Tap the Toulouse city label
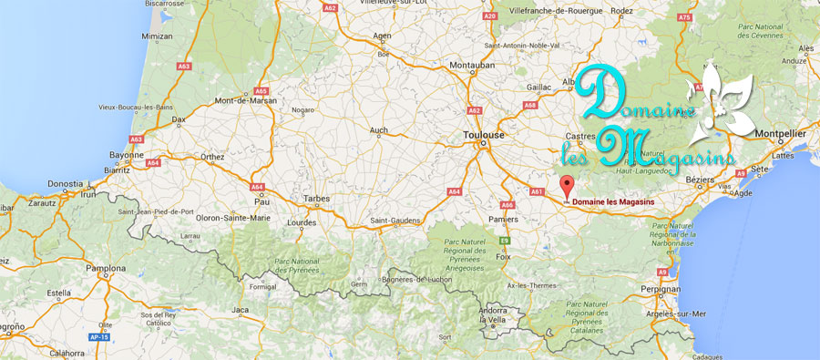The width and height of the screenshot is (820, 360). [484, 135]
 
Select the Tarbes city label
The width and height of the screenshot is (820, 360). [314, 197]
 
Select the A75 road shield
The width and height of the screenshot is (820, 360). [685, 17]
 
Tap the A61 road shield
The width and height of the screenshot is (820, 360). [537, 191]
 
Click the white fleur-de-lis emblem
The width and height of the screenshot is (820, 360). [725, 106]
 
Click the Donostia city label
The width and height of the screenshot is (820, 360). [65, 183]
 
